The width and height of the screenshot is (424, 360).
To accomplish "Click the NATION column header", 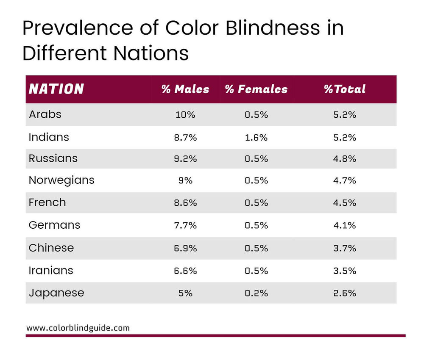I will (x=56, y=89).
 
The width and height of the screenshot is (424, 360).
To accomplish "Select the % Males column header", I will (x=185, y=89).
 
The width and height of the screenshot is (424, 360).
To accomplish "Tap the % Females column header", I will (x=256, y=89).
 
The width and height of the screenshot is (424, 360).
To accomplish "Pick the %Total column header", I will (x=344, y=89).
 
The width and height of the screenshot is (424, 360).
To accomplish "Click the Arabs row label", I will (x=45, y=114).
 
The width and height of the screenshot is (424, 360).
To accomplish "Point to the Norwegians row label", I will (x=61, y=180).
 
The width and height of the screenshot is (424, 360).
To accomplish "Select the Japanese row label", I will (x=56, y=293).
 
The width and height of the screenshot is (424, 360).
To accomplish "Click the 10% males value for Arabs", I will (x=185, y=115).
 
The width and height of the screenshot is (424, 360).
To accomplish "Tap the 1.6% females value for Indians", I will (x=256, y=137).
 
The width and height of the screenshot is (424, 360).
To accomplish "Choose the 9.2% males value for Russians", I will (x=185, y=159).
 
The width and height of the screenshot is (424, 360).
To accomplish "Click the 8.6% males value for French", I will (x=185, y=203).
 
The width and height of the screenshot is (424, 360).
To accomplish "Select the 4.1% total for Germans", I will (x=344, y=225).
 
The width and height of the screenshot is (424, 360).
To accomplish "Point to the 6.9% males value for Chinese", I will (x=185, y=248).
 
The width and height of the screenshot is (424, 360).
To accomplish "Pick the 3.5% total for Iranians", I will (x=344, y=271).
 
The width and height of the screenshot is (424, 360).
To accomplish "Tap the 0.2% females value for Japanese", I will (x=256, y=293).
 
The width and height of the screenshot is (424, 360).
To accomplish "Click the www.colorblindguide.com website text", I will (x=78, y=328).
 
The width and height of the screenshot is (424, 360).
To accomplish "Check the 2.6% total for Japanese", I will (x=344, y=293).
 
